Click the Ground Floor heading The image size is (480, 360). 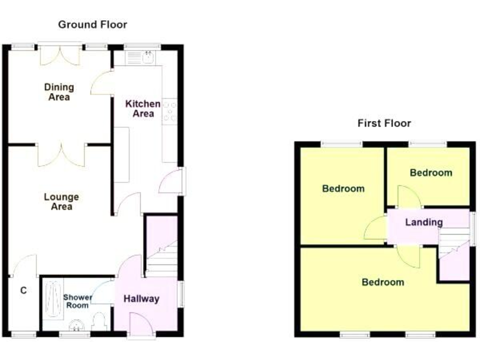point(92,25)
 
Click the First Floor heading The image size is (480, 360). point(384,123)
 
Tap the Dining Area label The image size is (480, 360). point(59,92)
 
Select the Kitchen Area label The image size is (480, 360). point(143,108)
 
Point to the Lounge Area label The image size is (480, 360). point(61,202)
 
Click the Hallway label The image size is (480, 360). point(141,299)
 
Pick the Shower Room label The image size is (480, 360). point(77,301)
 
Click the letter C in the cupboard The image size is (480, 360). point(23,290)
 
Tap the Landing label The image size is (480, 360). point(424,222)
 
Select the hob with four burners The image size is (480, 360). point(169,111)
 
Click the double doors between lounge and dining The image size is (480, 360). point(61,154)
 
